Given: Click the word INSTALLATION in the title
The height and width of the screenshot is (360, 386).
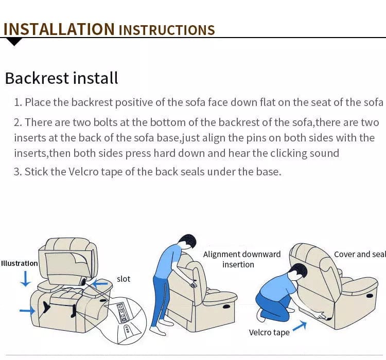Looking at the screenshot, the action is pyautogui.click(x=59, y=29).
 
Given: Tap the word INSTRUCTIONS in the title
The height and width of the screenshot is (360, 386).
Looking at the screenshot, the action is pyautogui.click(x=167, y=30).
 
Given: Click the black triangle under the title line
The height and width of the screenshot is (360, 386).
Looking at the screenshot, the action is pyautogui.click(x=14, y=42).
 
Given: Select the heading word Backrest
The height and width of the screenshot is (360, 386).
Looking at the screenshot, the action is pyautogui.click(x=37, y=78).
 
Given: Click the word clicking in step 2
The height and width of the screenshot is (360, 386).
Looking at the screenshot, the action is pyautogui.click(x=289, y=153).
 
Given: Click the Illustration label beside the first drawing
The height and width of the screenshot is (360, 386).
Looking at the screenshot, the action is pyautogui.click(x=20, y=263).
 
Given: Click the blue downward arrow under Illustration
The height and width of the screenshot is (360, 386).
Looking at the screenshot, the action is pyautogui.click(x=26, y=279).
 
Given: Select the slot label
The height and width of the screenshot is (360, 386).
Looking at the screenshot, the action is pyautogui.click(x=124, y=279).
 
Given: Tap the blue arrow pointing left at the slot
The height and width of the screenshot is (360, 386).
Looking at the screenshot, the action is pyautogui.click(x=100, y=284).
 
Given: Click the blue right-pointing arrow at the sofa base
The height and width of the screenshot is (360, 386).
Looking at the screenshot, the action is pyautogui.click(x=27, y=311).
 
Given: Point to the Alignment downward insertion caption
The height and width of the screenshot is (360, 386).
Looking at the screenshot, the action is pyautogui.click(x=241, y=259).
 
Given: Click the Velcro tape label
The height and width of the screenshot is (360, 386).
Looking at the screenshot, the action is pyautogui.click(x=269, y=332).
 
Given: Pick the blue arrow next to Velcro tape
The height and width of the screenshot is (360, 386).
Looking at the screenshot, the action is pyautogui.click(x=300, y=326).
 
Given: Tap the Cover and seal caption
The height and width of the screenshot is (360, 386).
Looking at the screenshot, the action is pyautogui.click(x=360, y=254).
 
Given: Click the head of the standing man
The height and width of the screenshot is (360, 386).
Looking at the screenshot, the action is pyautogui.click(x=187, y=242).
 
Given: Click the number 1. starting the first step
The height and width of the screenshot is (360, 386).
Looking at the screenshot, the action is pyautogui.click(x=19, y=102).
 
